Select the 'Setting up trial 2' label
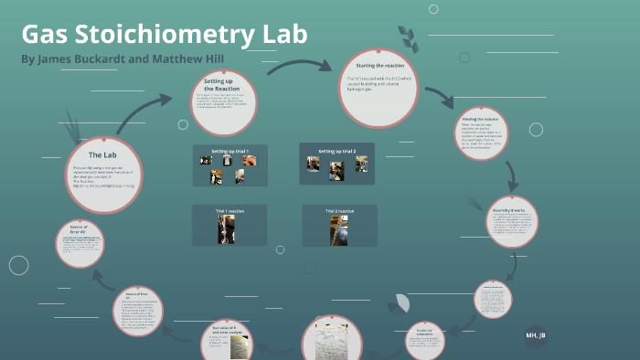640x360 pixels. (336, 150)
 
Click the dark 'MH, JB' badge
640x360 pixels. (536, 335)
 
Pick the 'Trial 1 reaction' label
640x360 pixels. (229, 211)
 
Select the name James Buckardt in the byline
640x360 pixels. (81, 58)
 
